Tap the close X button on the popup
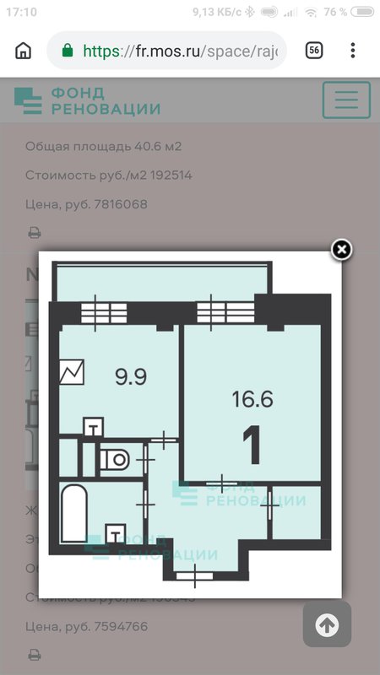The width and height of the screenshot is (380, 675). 341,249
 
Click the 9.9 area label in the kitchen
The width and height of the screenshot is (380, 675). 131,376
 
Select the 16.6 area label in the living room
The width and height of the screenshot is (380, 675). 252,399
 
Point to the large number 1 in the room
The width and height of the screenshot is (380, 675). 252,445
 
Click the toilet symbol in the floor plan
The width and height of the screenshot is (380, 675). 114,460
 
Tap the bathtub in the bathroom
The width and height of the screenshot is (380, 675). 73,513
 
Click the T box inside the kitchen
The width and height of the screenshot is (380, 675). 94,429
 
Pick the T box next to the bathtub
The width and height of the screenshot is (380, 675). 113,535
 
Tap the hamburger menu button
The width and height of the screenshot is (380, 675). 346,100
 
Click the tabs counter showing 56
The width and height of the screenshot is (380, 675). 313,51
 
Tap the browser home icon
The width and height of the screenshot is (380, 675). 23,51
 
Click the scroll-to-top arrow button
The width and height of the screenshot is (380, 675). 327,624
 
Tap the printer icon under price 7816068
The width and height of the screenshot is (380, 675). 35,232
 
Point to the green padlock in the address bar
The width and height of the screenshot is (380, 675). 68,51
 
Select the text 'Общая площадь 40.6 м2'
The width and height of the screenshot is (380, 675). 103,147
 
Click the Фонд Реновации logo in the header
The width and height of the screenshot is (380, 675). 87,100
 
